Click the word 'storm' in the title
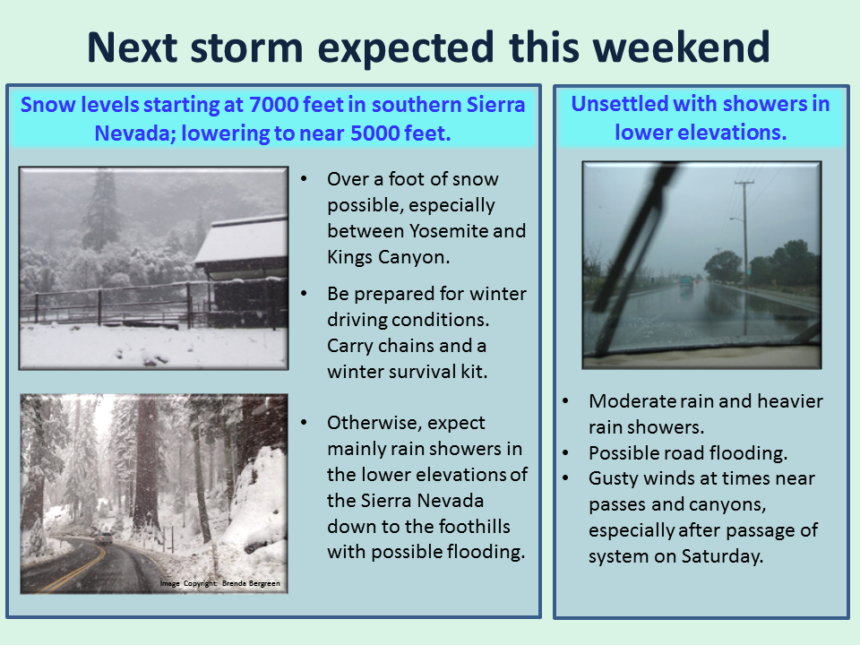point(246,47)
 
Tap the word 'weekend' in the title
point(682,47)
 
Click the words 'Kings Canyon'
point(388,257)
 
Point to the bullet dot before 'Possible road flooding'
point(565,453)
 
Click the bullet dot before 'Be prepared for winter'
point(304,294)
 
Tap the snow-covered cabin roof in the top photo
point(242,240)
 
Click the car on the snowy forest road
point(103,538)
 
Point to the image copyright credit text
point(220,583)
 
